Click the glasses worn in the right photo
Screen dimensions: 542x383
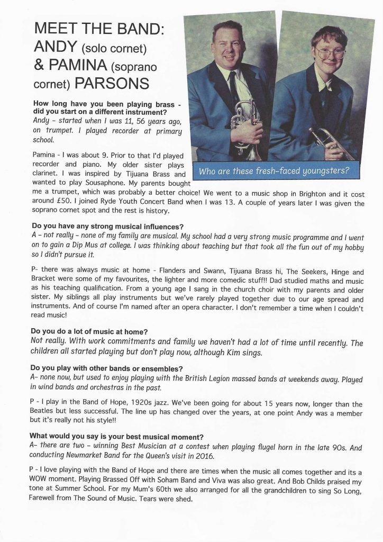pyautogui.click(x=331, y=53)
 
